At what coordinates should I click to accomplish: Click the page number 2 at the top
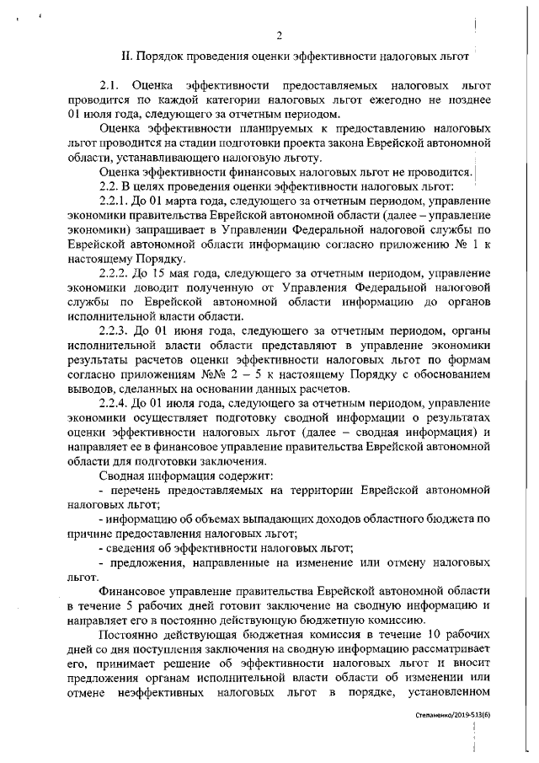click(x=277, y=35)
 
